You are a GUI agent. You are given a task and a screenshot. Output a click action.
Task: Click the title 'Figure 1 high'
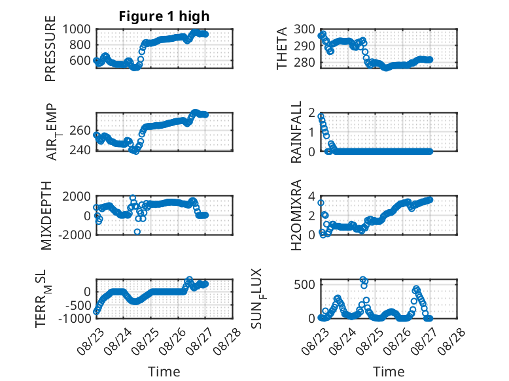point(164,16)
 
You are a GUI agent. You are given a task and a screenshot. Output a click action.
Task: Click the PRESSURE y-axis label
point(50,48)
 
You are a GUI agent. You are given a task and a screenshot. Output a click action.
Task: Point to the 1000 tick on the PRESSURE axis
point(77,29)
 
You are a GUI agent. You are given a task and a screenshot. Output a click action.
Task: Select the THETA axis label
point(282,48)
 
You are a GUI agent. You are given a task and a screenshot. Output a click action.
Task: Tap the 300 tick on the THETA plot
point(304,29)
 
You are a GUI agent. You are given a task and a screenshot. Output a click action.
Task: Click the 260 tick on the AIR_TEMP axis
point(80,131)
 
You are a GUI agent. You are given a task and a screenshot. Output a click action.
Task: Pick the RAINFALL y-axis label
point(296,132)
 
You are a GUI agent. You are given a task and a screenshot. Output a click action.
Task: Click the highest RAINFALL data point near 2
point(321,116)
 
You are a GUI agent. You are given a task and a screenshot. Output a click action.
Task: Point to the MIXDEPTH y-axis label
point(46,216)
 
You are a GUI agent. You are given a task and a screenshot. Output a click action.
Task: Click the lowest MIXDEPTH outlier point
point(137,232)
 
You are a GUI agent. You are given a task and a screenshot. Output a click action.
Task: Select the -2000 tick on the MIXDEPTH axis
point(75,235)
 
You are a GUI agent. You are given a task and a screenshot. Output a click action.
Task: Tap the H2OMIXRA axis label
point(296,215)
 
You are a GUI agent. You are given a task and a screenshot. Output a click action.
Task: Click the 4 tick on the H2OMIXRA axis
point(311,196)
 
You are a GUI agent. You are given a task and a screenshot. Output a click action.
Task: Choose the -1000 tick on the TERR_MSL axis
point(75,318)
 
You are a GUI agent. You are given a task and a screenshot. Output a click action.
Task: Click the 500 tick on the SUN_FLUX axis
point(304,285)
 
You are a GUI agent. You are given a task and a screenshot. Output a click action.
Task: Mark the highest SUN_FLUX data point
point(363,280)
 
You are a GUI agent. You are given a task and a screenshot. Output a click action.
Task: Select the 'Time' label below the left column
point(164,372)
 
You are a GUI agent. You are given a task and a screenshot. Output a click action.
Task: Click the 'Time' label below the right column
point(389,372)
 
